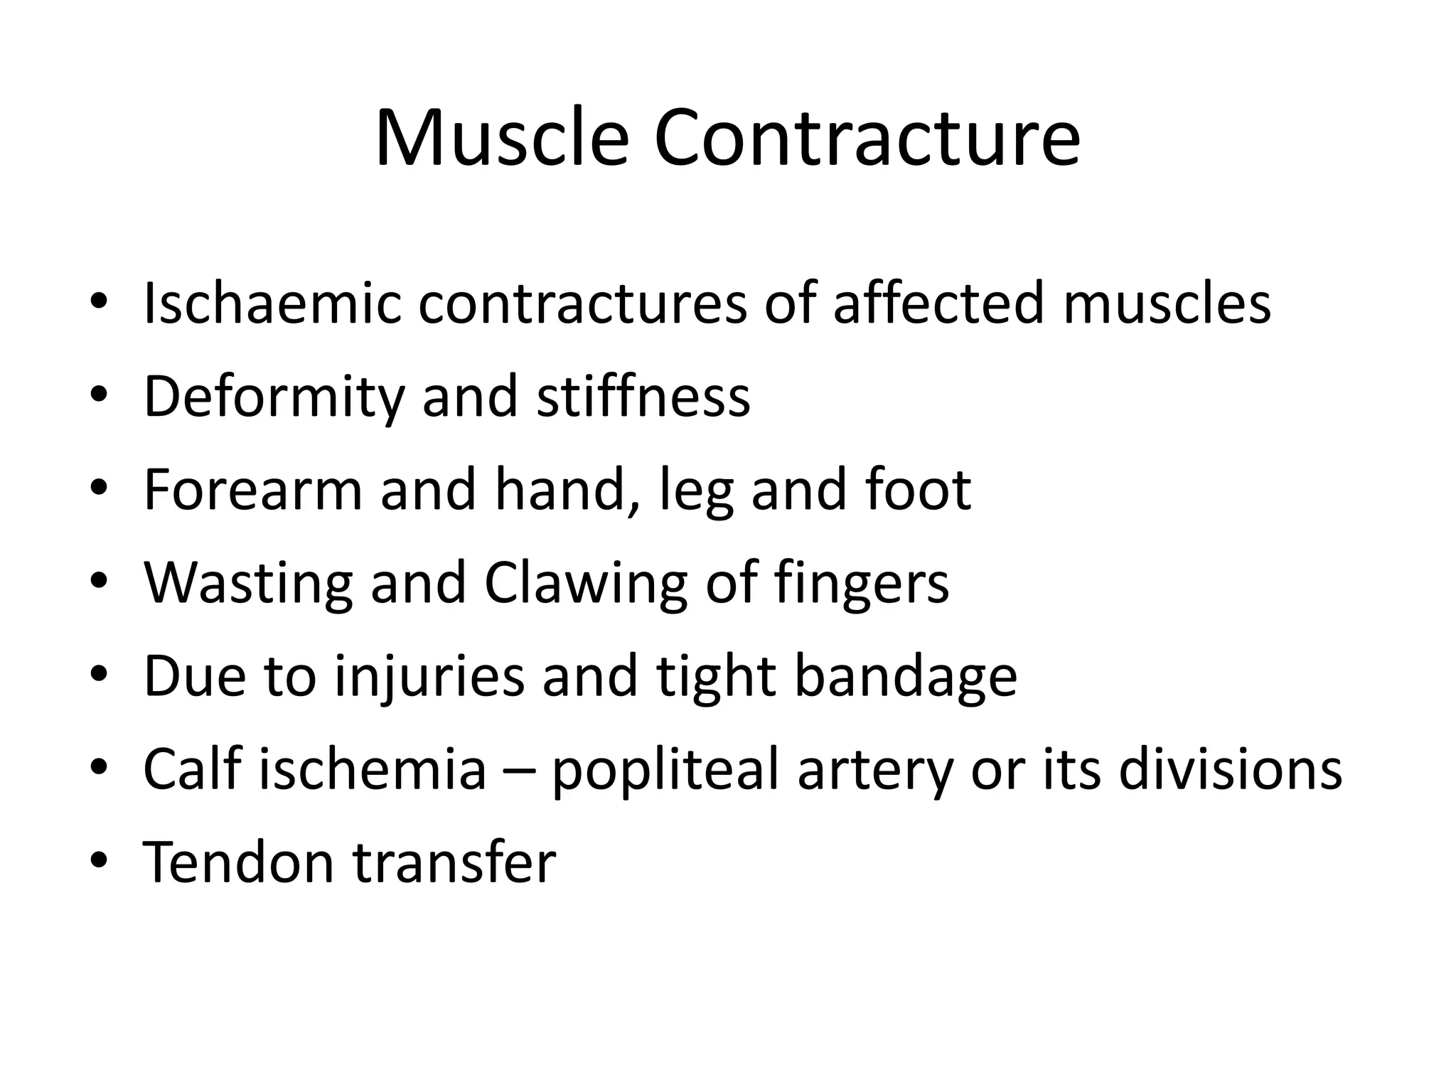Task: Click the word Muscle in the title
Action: click(501, 138)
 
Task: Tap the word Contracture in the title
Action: click(867, 138)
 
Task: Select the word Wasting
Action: click(248, 583)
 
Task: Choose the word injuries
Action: click(429, 677)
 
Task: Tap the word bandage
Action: click(905, 677)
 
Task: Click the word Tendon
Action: click(239, 862)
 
